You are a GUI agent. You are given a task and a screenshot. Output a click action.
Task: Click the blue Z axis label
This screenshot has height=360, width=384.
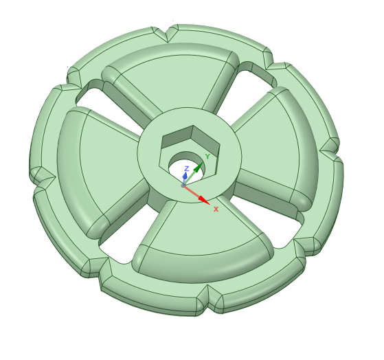(x=186, y=168)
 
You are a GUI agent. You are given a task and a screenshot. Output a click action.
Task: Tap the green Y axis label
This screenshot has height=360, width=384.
(x=207, y=157)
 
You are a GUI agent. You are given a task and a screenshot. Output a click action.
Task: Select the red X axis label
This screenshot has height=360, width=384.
(x=216, y=209)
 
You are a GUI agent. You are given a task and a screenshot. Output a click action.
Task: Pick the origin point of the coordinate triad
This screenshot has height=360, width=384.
(x=183, y=185)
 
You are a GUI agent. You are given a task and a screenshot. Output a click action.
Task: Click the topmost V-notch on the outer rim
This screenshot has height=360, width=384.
(x=167, y=33)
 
